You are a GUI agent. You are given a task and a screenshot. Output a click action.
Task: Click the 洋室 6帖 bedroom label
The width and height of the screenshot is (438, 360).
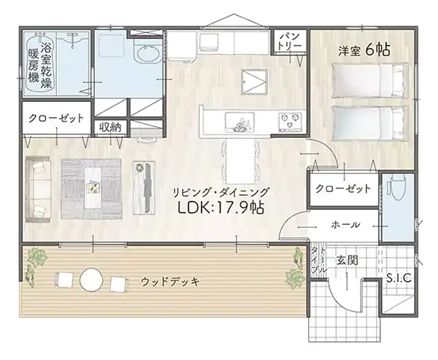coord(364,50)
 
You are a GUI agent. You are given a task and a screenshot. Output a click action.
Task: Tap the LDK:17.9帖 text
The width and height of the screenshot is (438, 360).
coord(221,207)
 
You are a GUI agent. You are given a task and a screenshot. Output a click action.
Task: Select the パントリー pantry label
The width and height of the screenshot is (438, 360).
coord(290,41)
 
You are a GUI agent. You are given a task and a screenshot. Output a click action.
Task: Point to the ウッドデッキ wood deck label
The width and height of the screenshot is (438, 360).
coord(170,281)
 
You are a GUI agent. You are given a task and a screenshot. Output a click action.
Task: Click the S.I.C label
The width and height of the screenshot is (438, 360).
coord(399,278)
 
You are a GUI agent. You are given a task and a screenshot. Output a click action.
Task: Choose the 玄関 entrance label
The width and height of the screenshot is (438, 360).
coord(346,261)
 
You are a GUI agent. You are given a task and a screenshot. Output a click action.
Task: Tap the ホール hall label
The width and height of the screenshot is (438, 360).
coord(346,224)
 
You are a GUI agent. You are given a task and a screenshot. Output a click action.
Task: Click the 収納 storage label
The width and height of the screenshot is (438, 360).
coord(110,127)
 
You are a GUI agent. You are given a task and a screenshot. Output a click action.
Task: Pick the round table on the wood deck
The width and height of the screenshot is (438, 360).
coord(91,280)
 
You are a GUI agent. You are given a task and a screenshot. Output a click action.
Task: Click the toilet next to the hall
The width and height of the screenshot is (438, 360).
coord(397,187)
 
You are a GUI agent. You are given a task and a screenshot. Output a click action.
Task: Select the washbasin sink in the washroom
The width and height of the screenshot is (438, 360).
coord(147,52)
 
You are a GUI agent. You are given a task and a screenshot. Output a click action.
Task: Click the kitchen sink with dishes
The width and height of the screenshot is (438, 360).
coord(240,122)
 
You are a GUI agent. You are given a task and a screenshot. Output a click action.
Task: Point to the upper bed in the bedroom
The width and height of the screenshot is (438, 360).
coord(370,80)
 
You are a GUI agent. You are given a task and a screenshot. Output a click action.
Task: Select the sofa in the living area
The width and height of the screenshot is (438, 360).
coord(38,189)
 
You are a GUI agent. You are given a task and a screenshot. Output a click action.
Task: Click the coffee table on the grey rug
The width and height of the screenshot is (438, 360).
coord(93,187)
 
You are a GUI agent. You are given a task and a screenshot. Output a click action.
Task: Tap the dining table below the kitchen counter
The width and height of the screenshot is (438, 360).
coord(240,161)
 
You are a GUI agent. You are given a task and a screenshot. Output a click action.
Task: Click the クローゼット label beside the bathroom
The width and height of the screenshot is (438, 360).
coord(56,118)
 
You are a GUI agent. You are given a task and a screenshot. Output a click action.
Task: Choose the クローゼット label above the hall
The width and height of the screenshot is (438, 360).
coord(343,189)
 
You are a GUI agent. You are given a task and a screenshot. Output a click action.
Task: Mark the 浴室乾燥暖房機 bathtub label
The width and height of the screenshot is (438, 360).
coord(40,66)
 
